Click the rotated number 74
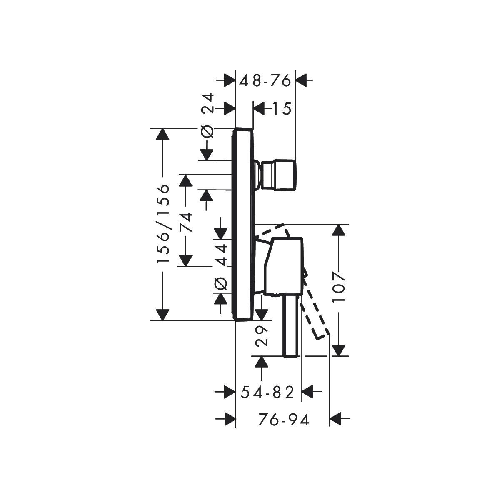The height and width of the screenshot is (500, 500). point(186,222)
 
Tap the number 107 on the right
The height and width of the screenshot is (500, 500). point(339,286)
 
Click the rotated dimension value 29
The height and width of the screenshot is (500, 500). point(261,337)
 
